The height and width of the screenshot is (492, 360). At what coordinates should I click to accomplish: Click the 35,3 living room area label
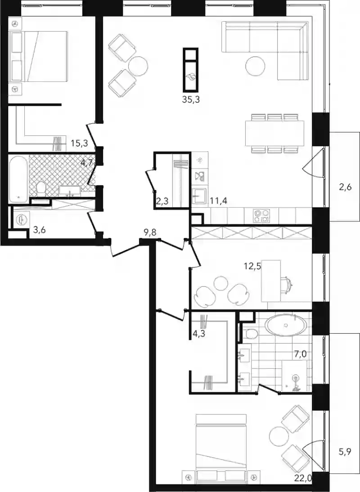pyautogui.click(x=191, y=100)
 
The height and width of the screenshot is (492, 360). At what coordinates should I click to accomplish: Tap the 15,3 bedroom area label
pyautogui.click(x=79, y=143)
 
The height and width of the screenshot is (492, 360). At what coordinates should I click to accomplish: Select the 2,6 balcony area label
pyautogui.click(x=345, y=188)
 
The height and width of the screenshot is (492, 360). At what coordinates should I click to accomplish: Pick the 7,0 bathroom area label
pyautogui.click(x=300, y=354)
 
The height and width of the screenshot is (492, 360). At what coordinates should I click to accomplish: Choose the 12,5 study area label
pyautogui.click(x=253, y=266)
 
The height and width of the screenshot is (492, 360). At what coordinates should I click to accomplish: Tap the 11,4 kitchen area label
pyautogui.click(x=218, y=201)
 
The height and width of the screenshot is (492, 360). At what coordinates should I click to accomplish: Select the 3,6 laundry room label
pyautogui.click(x=40, y=231)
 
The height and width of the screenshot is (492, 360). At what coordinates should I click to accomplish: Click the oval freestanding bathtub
pyautogui.click(x=286, y=326)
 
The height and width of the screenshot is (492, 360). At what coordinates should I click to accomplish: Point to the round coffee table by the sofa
pyautogui.click(x=255, y=66)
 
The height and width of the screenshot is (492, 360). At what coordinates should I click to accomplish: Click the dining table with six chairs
pyautogui.click(x=274, y=133)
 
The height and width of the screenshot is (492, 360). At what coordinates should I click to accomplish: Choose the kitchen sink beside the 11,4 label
pyautogui.click(x=198, y=197)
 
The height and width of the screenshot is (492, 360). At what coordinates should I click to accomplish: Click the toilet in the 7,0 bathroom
pyautogui.click(x=252, y=334)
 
